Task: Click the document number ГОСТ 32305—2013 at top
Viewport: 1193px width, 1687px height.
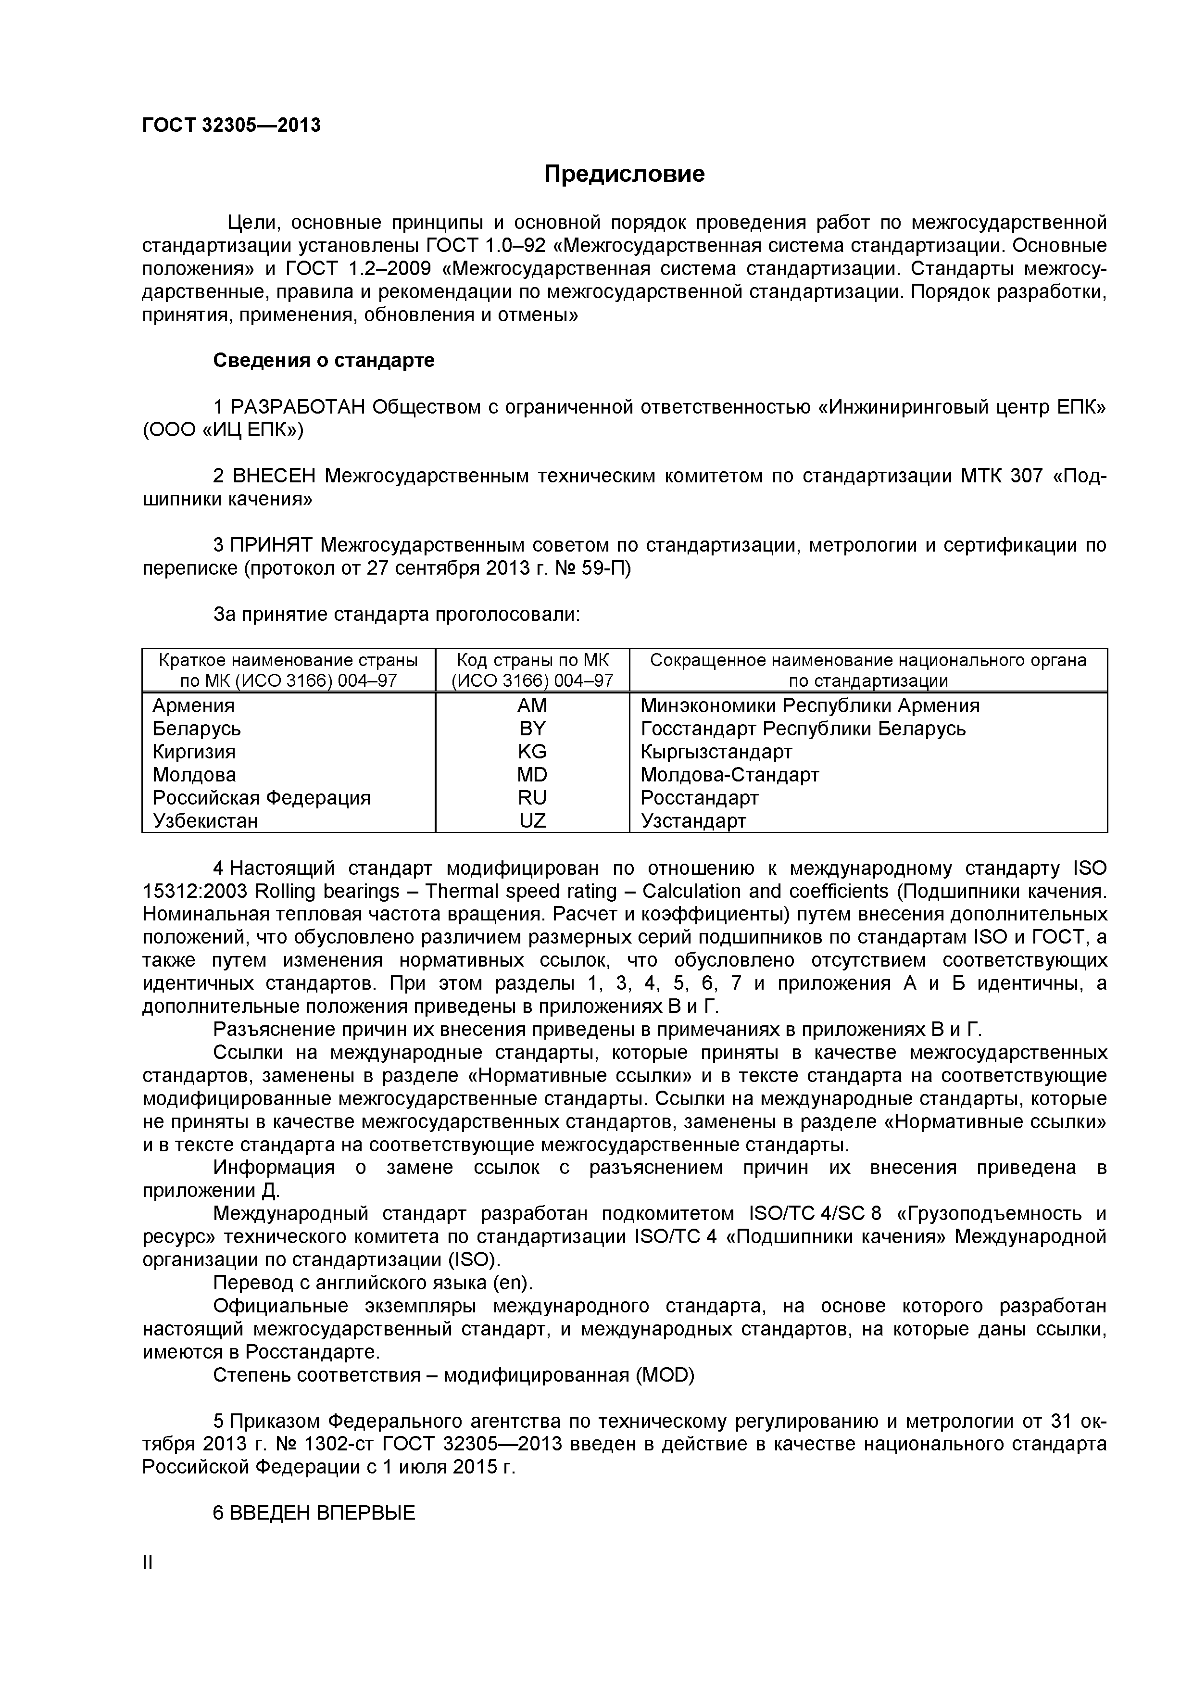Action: (x=231, y=126)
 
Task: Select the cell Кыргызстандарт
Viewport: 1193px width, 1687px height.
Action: (x=716, y=752)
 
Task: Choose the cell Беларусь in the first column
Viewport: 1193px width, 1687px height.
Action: (x=196, y=729)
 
